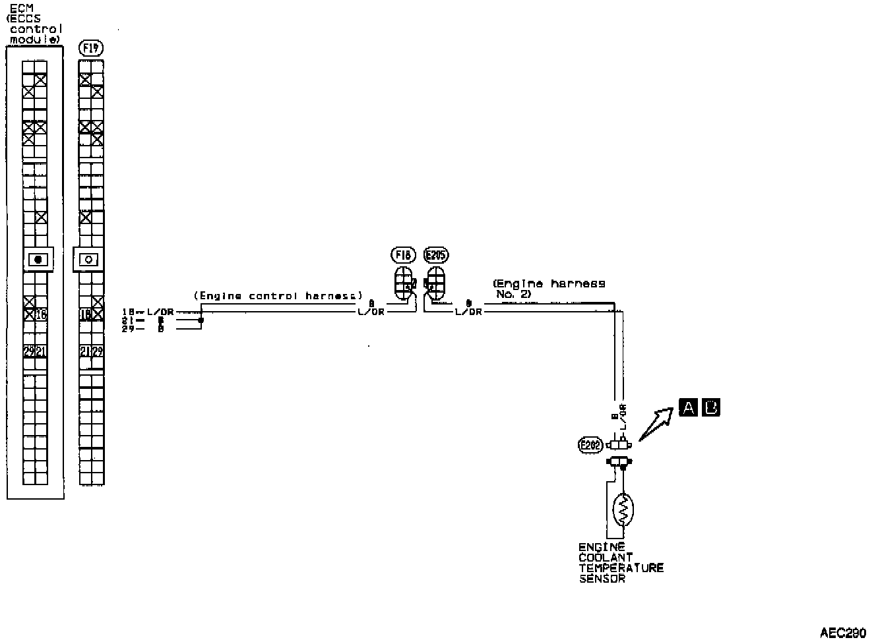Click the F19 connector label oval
(90, 47)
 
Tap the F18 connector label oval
(403, 254)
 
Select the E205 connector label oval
(437, 254)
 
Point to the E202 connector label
(589, 445)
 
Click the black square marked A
(687, 408)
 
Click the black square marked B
(711, 408)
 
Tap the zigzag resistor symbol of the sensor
(623, 510)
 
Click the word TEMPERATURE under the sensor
(621, 568)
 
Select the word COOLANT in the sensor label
(606, 558)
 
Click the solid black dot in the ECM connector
(38, 259)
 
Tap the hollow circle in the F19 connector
(89, 260)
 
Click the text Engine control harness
(278, 296)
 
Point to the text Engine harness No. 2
(549, 288)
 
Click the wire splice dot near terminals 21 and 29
(201, 320)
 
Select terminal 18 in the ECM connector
(42, 315)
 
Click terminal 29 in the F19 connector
(98, 352)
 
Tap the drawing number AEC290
(843, 633)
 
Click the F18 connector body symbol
(404, 284)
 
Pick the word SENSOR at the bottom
(602, 579)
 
